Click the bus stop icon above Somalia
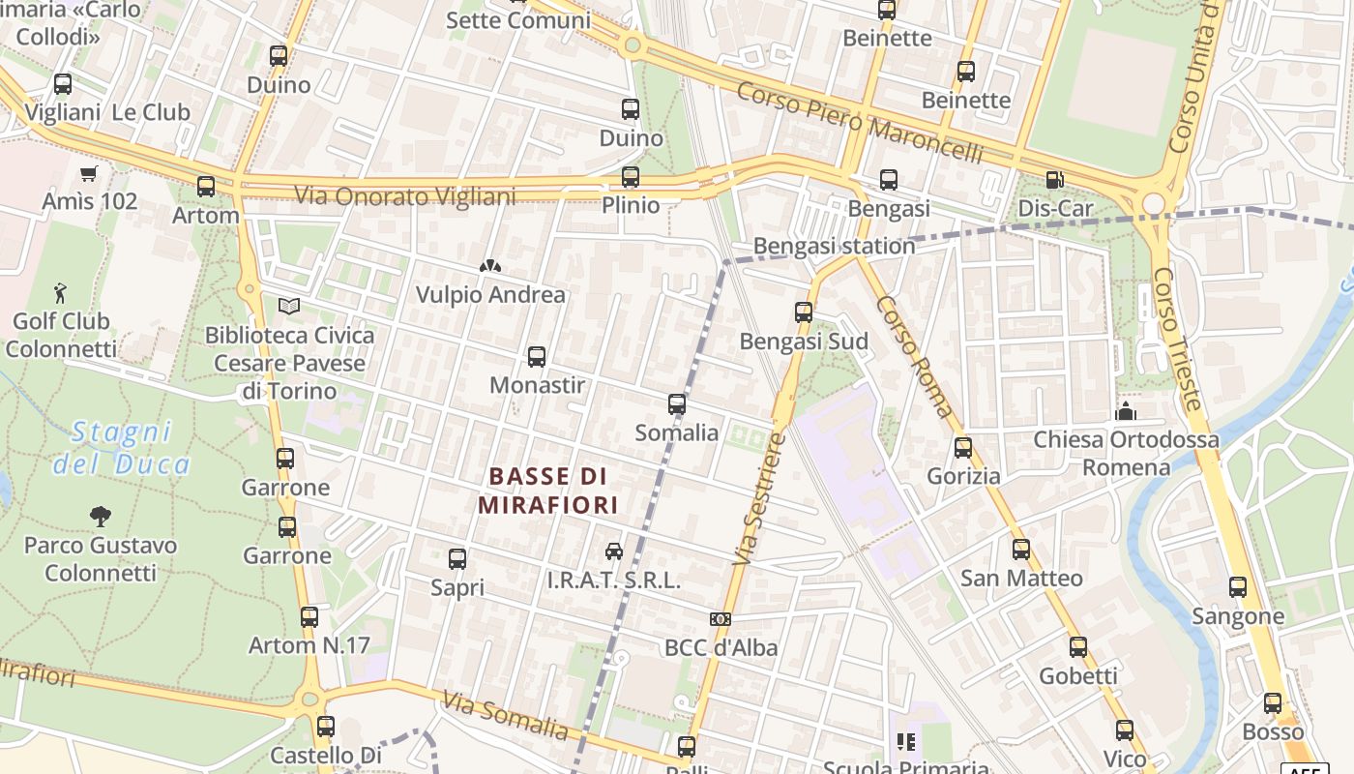[x=677, y=404]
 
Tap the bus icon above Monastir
[x=537, y=357]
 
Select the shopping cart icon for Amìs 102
[x=89, y=173]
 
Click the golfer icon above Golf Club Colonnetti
[x=61, y=291]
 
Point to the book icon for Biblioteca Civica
[x=288, y=307]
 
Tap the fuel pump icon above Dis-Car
[x=1054, y=180]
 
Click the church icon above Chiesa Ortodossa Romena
[x=1125, y=412]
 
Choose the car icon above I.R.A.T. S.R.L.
[x=614, y=551]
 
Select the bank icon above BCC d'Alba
[x=720, y=619]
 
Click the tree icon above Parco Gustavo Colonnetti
[x=100, y=517]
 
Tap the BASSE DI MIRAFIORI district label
[x=547, y=491]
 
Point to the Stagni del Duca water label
[x=122, y=448]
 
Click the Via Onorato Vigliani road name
[x=405, y=195]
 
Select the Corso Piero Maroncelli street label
[x=860, y=123]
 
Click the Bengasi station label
[x=834, y=246]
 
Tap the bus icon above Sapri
[x=457, y=559]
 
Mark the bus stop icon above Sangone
[x=1238, y=587]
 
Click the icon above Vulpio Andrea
[x=490, y=265]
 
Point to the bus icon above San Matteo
[x=1021, y=551]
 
